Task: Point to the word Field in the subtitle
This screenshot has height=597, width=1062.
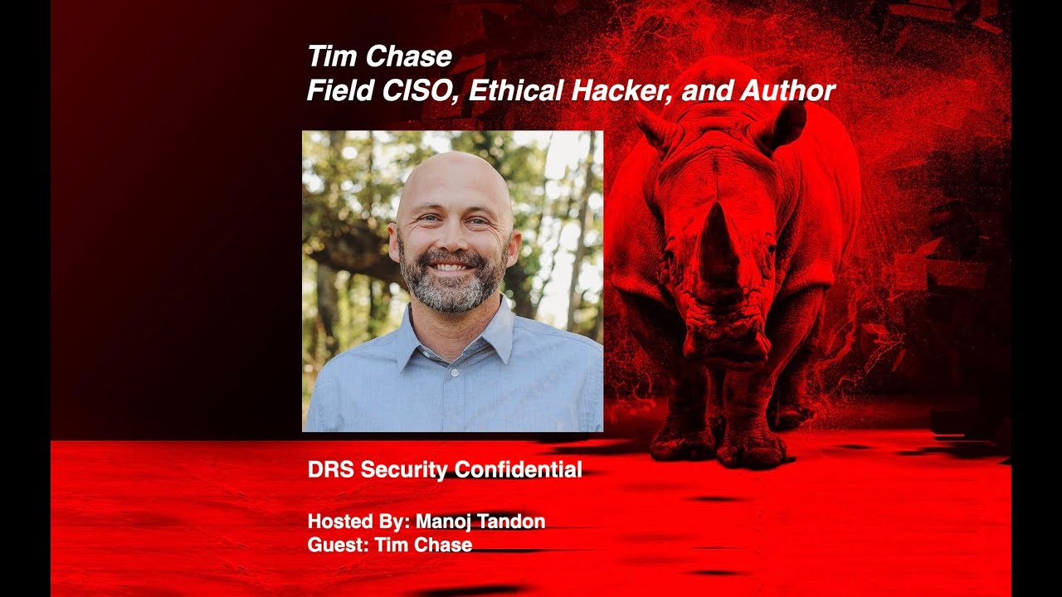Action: (x=339, y=90)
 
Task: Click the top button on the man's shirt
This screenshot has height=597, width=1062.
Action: (x=454, y=373)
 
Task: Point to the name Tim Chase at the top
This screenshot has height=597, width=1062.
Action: (x=379, y=56)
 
